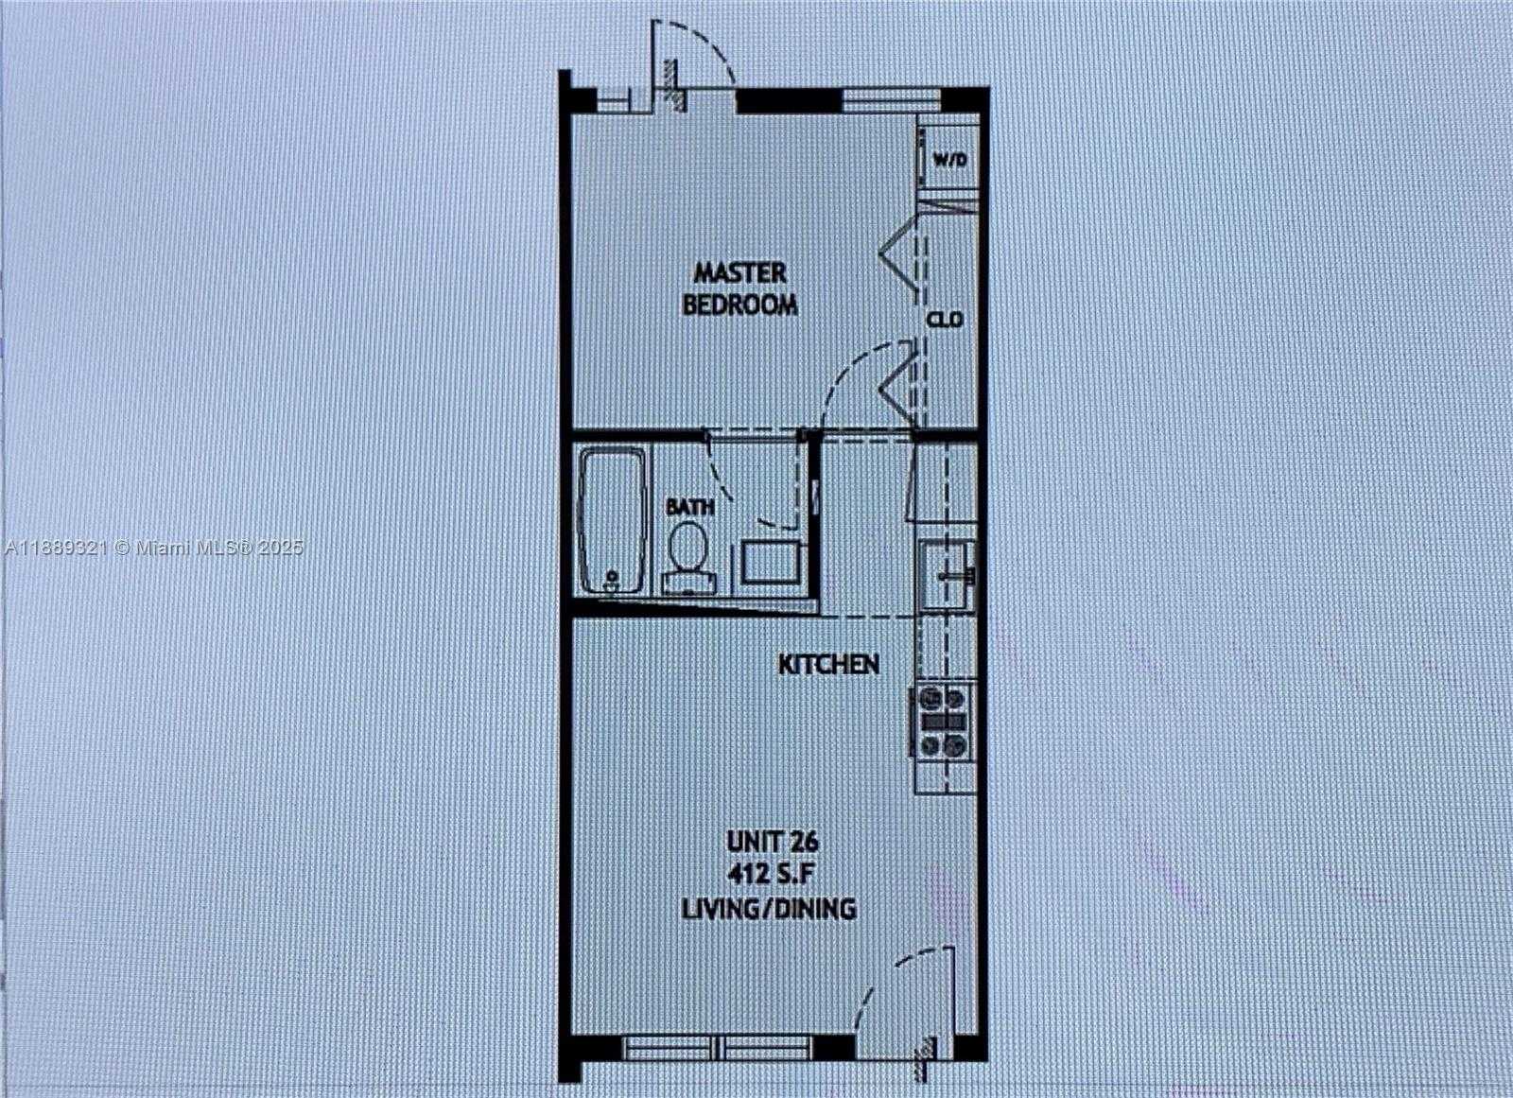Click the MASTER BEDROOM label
pos(740,289)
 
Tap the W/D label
pos(950,160)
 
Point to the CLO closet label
pos(945,320)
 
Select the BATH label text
pos(689,507)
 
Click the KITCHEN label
pos(828,664)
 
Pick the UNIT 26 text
pos(773,842)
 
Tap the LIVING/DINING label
pos(769,908)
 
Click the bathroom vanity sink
pos(772,562)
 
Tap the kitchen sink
pos(947,574)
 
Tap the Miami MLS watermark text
pos(154,548)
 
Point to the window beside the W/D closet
pos(892,100)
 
